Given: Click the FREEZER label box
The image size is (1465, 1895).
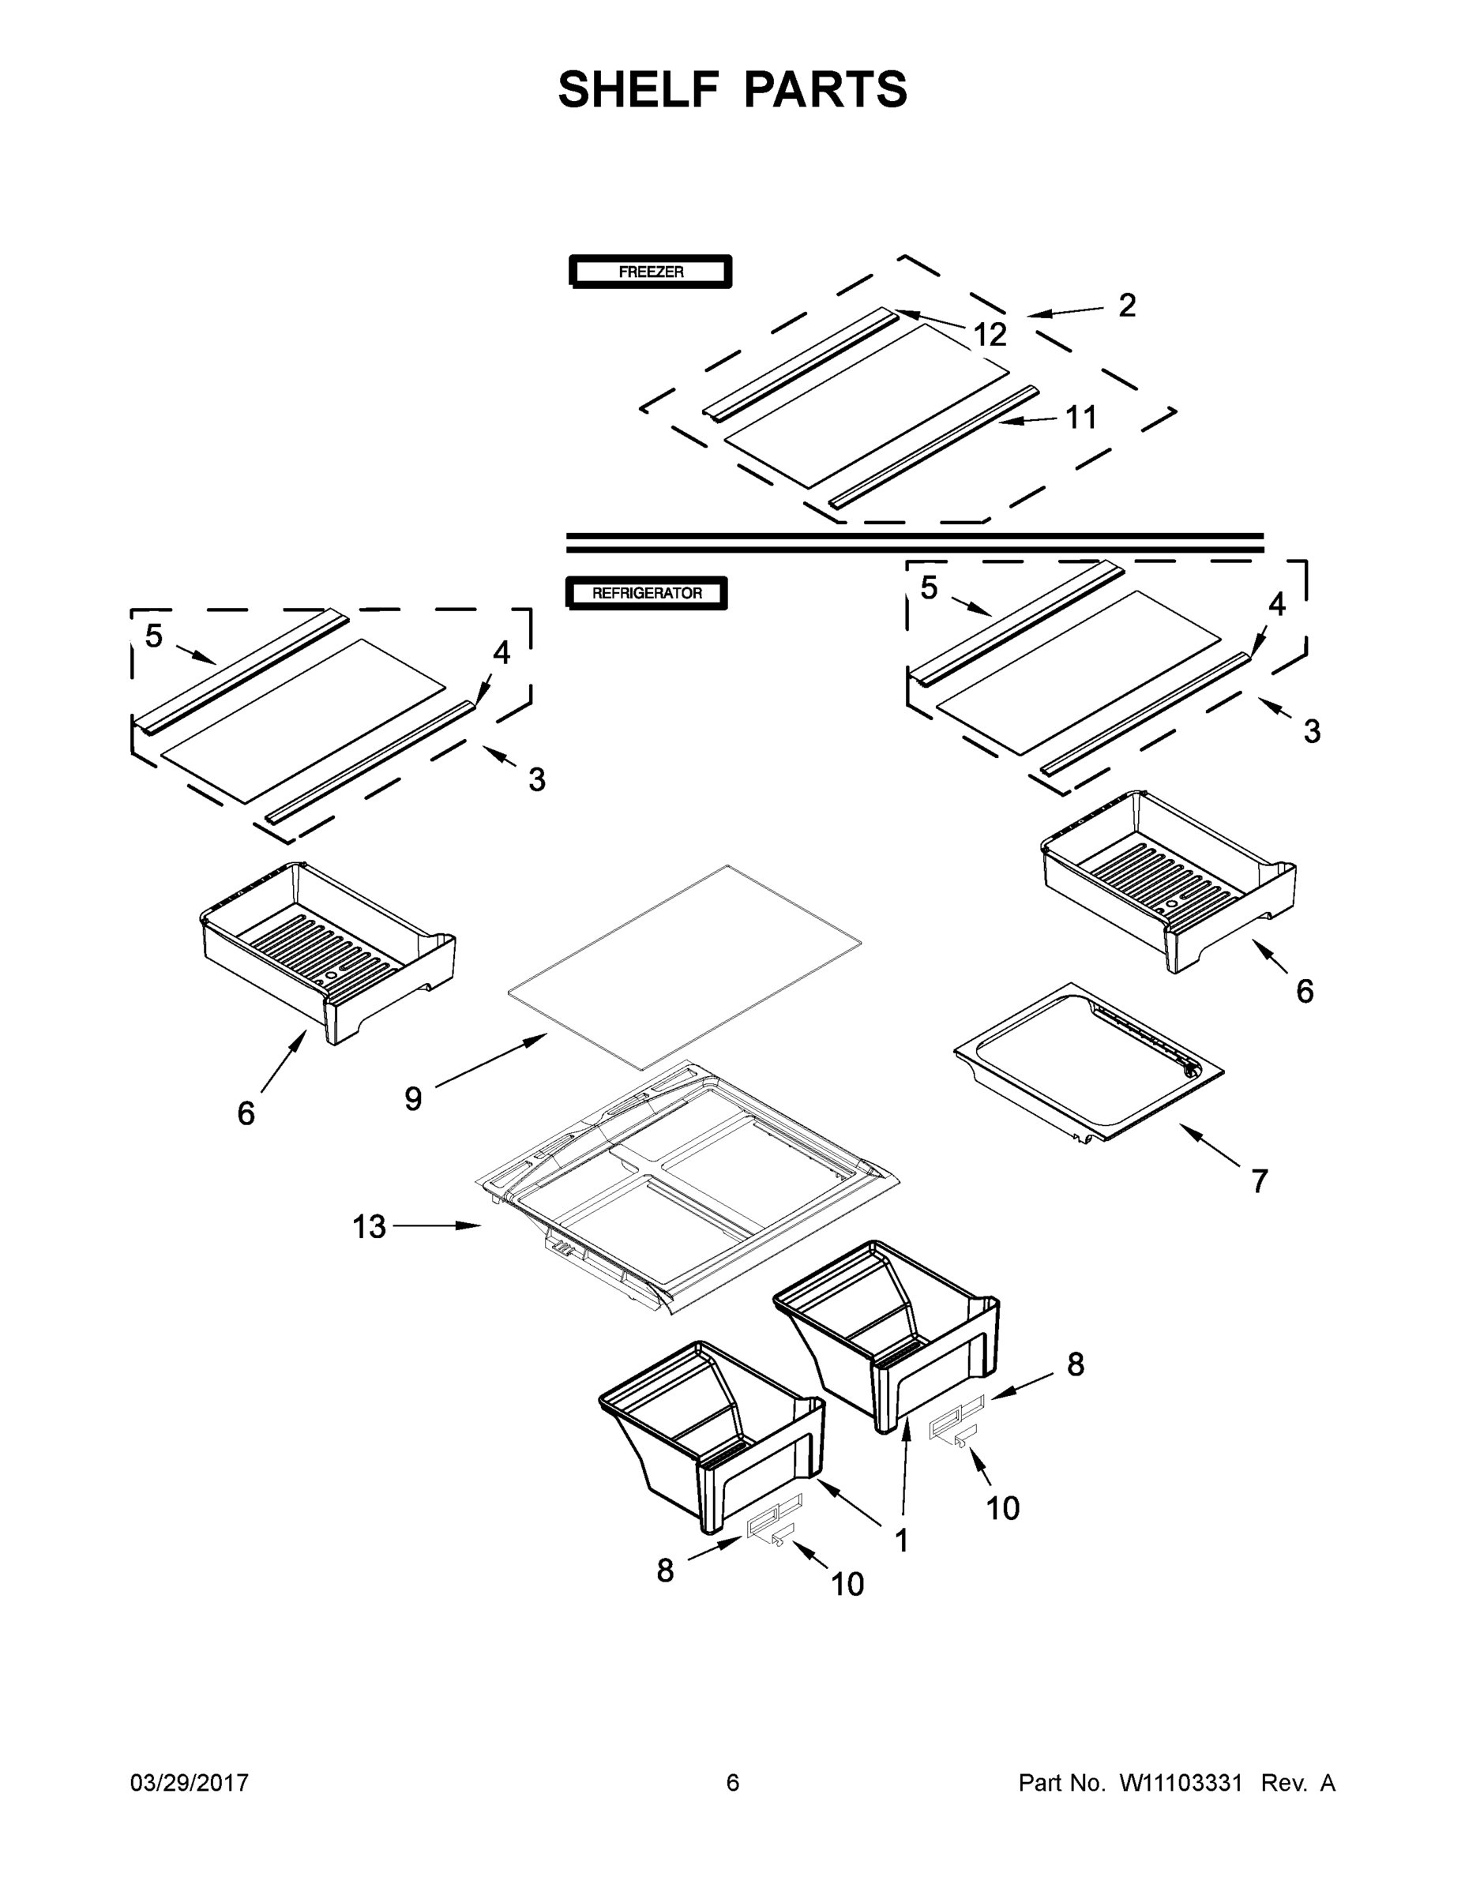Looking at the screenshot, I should point(650,272).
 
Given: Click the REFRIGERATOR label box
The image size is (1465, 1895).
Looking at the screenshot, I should point(647,594).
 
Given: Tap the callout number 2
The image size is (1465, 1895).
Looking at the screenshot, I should point(1126,306).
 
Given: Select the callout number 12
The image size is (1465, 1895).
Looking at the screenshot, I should point(990,335).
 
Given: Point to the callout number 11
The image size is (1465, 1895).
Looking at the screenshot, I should point(1081,418).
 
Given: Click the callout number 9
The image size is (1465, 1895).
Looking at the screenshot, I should point(413,1098).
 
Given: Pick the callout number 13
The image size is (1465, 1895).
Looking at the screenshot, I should point(368,1227).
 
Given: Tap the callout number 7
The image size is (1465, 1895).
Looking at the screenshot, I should point(1260,1181).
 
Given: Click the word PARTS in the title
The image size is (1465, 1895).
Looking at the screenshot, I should point(825,89).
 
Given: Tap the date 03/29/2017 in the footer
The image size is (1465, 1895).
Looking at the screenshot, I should point(190,1783).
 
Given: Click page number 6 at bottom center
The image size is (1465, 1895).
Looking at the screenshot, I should point(733,1783).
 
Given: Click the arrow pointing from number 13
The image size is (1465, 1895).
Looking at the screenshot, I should point(438,1226).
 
